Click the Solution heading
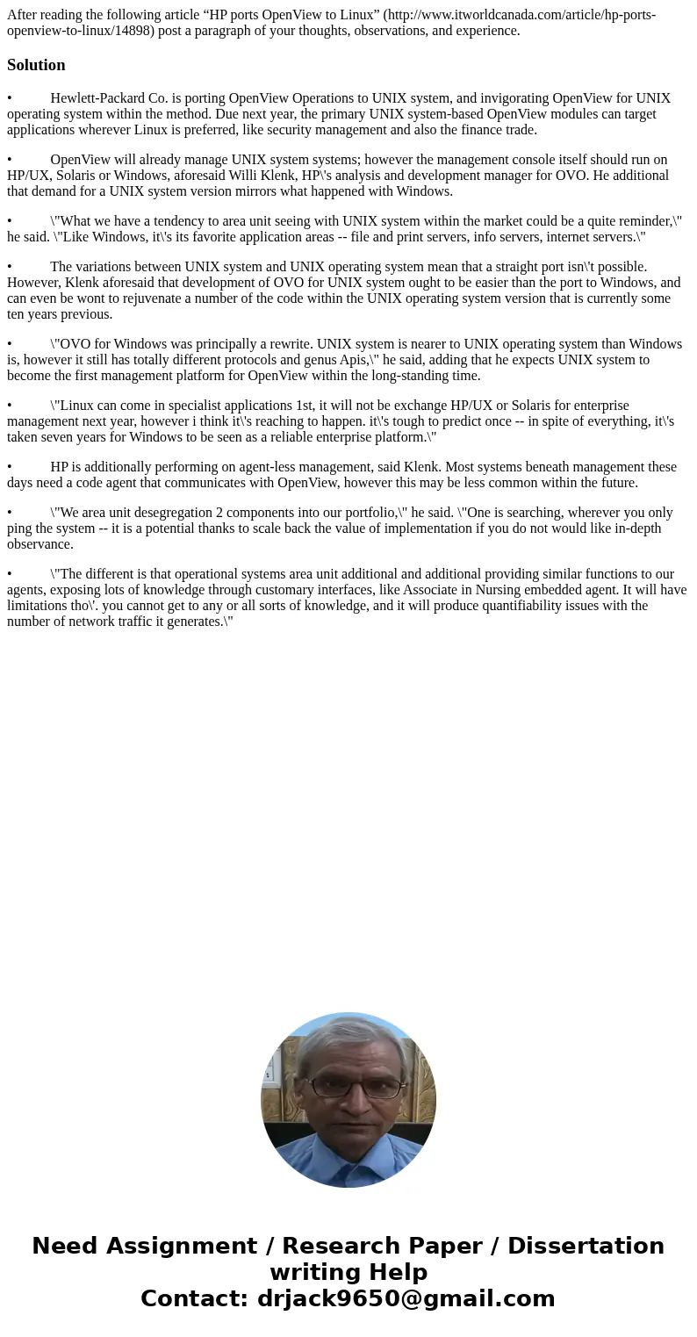tap(36, 65)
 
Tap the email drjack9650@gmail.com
tap(406, 1298)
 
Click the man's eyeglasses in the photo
tap(348, 1086)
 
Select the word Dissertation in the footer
tap(586, 1246)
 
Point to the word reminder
tap(642, 221)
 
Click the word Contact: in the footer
tap(195, 1298)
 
